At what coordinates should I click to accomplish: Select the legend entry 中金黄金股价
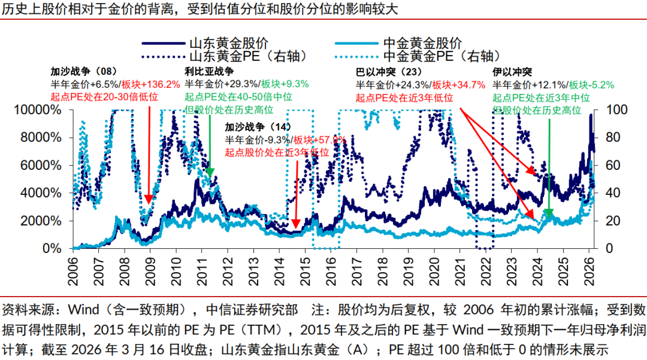pos(422,43)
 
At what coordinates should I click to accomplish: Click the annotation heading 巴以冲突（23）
pos(388,71)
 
